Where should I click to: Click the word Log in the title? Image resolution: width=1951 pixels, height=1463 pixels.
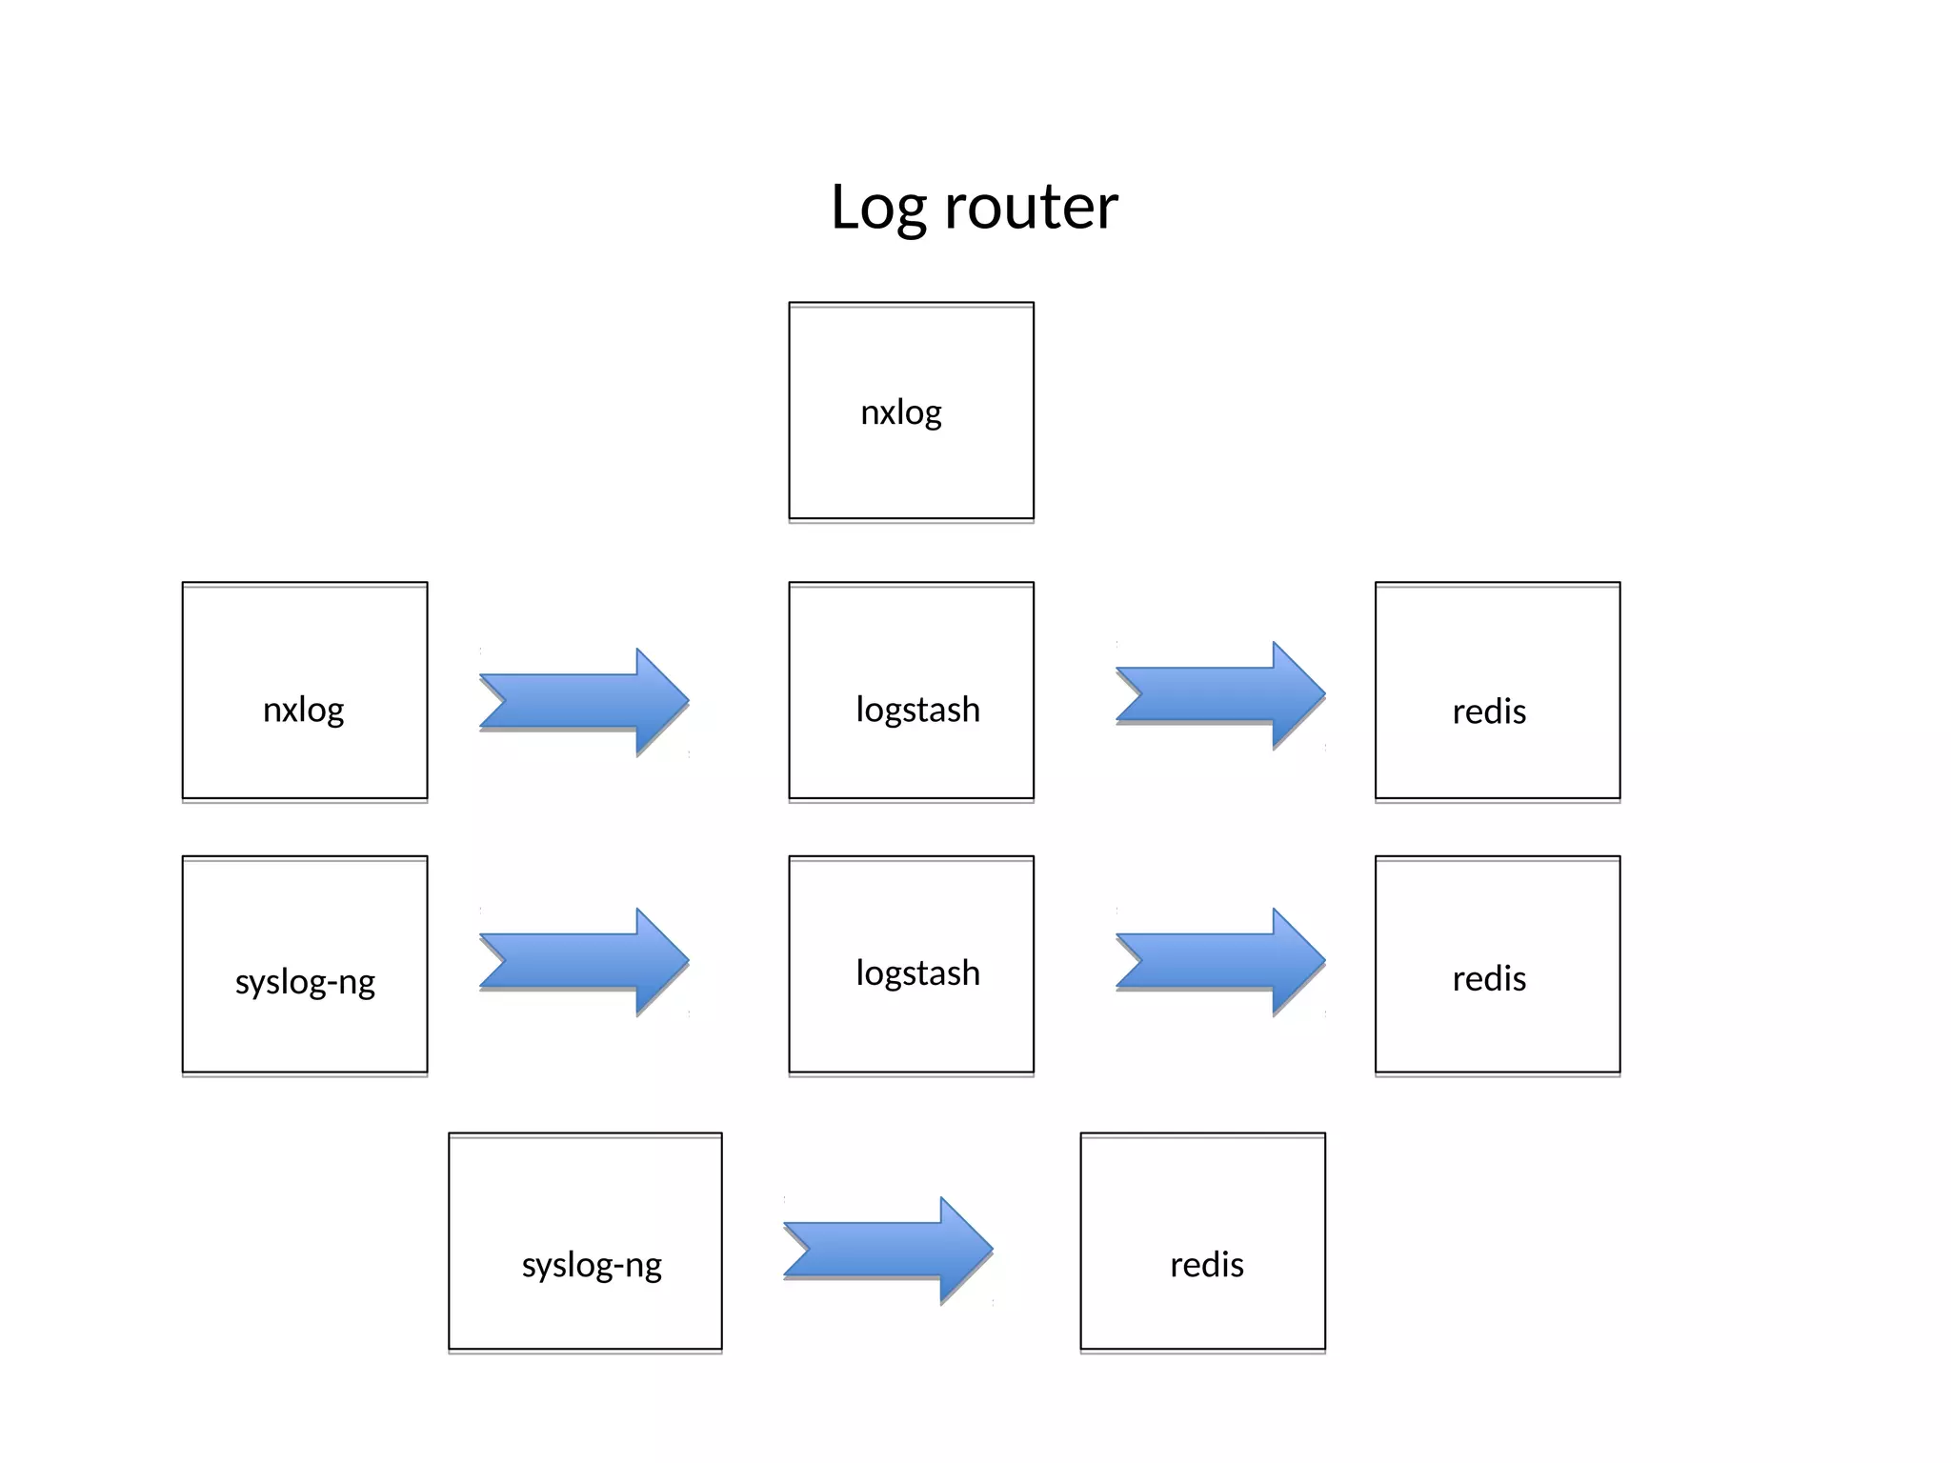click(x=877, y=207)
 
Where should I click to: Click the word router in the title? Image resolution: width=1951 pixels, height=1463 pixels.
click(x=1031, y=207)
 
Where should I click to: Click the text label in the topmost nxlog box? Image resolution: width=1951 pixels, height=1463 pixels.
click(x=901, y=413)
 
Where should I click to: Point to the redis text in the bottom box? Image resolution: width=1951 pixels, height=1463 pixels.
click(x=1207, y=1265)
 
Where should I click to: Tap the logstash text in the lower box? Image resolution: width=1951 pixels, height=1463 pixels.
click(x=917, y=973)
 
